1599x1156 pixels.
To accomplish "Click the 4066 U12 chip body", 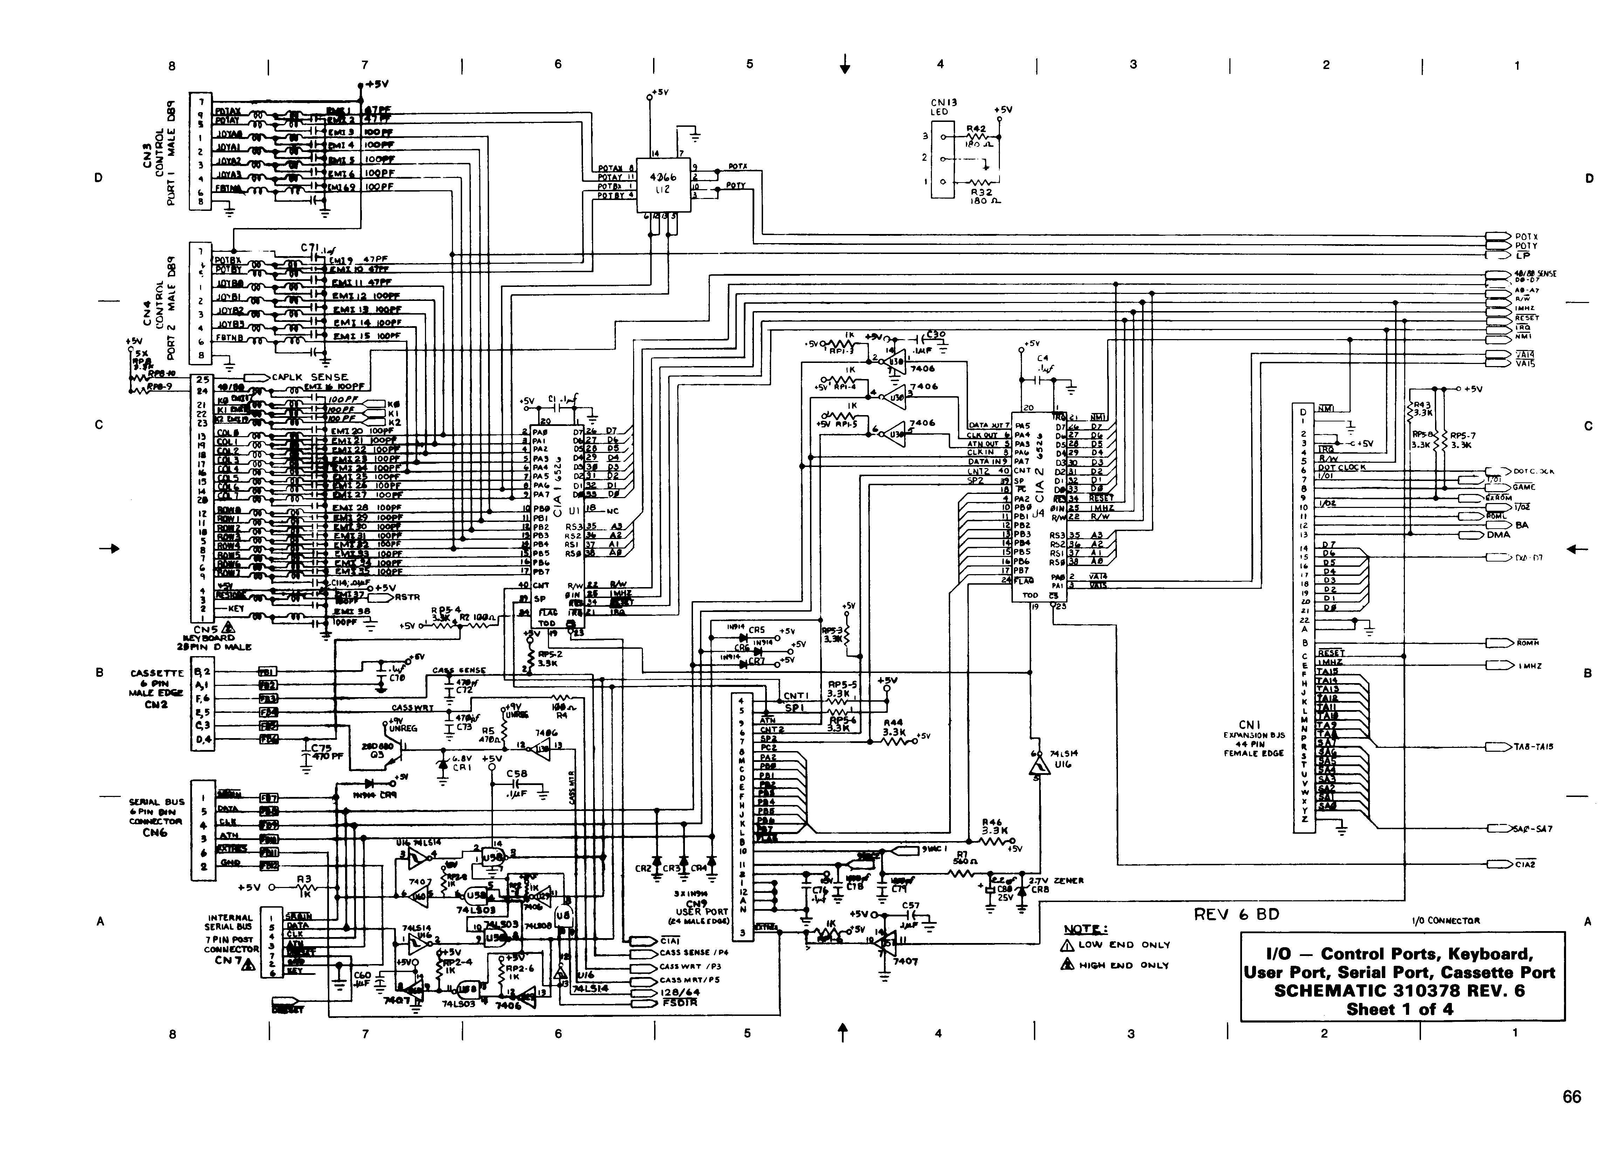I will pos(663,183).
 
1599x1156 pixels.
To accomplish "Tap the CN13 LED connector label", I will pos(943,106).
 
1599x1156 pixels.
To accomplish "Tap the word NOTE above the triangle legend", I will pos(1084,929).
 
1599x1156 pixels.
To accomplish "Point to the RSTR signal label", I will pos(407,597).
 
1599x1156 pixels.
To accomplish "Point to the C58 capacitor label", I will pos(517,773).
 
